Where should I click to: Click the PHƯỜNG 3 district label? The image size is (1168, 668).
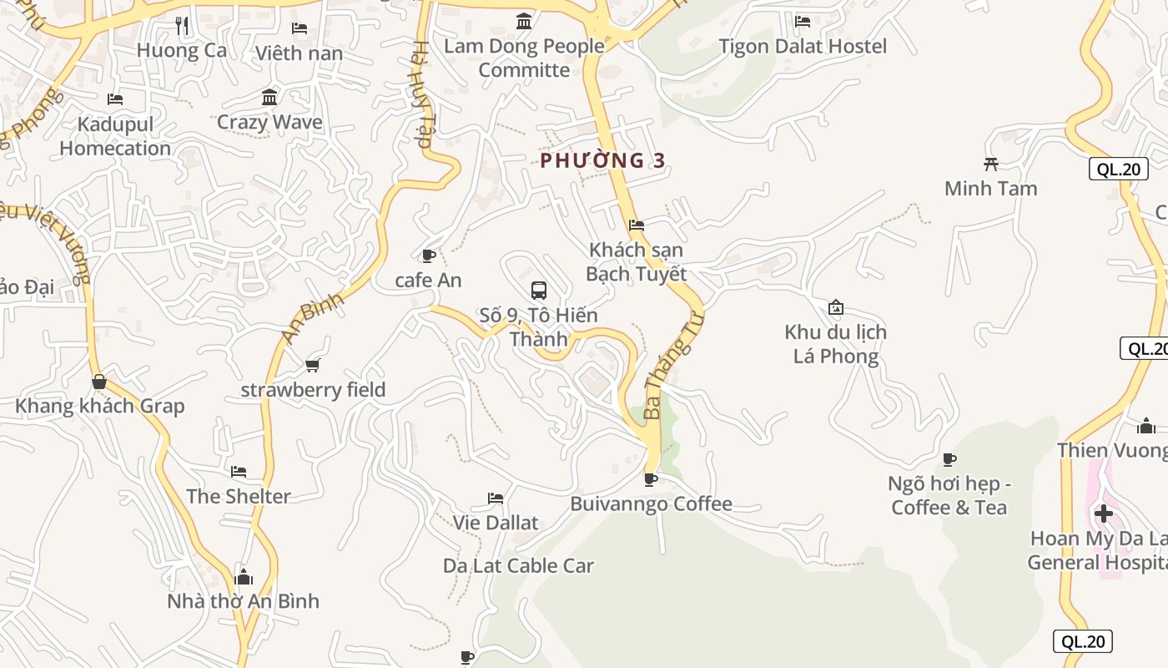tap(602, 160)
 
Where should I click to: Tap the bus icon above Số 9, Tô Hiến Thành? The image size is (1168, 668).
tap(539, 291)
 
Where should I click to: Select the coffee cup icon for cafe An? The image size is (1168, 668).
tap(429, 256)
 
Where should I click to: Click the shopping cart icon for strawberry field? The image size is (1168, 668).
tap(313, 365)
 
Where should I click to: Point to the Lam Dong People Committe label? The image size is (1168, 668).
tap(524, 58)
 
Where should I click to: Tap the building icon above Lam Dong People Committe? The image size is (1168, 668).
tap(524, 21)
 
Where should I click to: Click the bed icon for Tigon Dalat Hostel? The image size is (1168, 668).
tap(803, 22)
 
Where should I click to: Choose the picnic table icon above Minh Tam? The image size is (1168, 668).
tap(991, 164)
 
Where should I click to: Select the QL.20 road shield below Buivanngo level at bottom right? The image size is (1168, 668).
tap(1083, 641)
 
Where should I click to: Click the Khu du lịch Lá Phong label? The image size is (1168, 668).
tap(835, 344)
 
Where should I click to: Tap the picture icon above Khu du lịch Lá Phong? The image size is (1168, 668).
tap(836, 307)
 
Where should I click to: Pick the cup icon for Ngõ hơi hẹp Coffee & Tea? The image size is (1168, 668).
tap(949, 458)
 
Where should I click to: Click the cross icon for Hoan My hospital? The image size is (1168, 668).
tap(1104, 513)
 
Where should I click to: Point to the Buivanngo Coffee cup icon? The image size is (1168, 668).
tap(651, 479)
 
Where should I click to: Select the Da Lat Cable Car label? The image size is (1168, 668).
tap(518, 565)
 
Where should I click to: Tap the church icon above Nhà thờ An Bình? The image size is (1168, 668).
tap(244, 577)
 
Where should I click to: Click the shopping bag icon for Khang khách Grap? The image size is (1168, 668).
tap(99, 382)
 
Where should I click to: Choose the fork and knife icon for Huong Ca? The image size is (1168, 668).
tap(182, 26)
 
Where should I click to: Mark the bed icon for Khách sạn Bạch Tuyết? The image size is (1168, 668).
tap(637, 225)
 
